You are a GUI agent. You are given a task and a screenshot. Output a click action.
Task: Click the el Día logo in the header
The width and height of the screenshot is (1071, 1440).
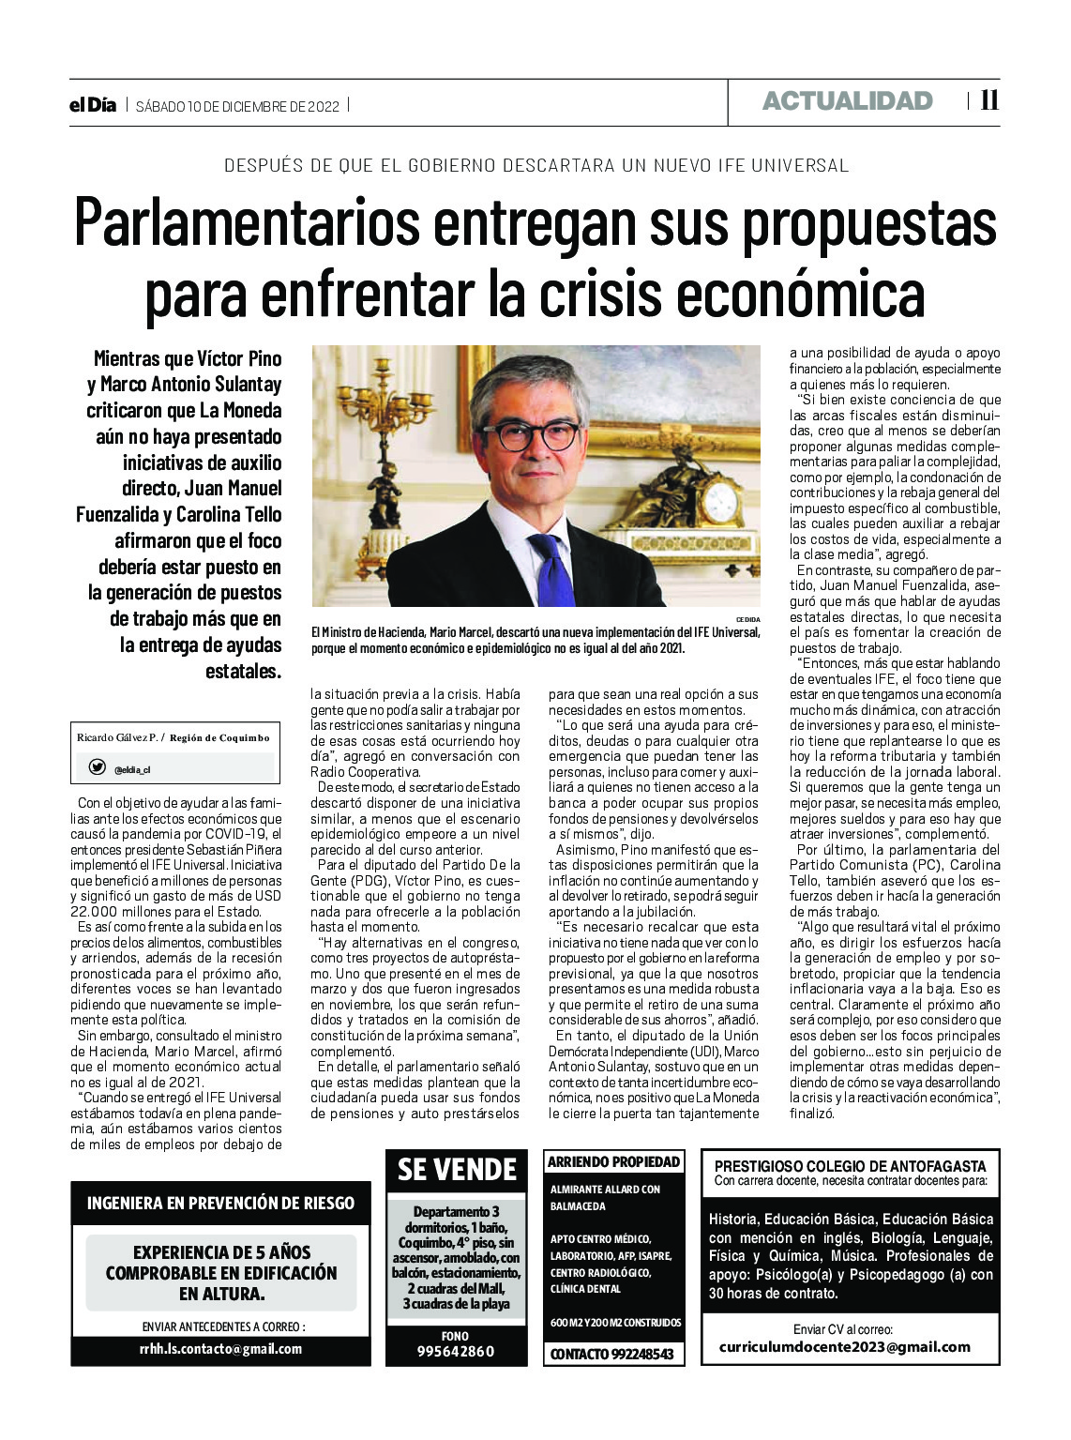coord(93,105)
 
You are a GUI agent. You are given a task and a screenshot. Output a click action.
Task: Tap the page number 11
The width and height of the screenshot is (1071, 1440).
coord(988,100)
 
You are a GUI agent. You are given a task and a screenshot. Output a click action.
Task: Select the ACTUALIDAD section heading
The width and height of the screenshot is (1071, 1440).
coord(847,101)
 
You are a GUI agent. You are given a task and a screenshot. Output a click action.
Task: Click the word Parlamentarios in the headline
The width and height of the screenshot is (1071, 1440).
coord(247,223)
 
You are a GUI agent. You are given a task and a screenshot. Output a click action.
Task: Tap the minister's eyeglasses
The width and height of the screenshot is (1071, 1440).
coord(530,435)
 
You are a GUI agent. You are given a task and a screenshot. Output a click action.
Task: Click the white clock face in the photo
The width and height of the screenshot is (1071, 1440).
coord(719,504)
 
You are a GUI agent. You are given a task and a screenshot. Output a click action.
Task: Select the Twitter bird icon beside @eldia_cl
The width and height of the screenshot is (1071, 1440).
coord(97,767)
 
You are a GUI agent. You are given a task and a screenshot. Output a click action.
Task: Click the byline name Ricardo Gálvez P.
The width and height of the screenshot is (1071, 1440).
coord(118,737)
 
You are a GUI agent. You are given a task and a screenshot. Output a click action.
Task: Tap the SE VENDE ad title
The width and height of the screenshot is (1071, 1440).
coord(457,1170)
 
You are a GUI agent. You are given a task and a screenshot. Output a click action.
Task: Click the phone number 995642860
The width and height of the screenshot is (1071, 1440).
coord(456,1351)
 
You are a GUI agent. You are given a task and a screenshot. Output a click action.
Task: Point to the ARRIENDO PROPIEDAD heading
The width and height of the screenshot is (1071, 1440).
coord(613,1161)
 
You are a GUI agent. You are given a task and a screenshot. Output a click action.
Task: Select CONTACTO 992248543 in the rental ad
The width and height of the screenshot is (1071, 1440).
coord(611,1354)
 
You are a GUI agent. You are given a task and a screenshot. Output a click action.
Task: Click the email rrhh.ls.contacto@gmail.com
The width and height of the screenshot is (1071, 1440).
coord(220,1349)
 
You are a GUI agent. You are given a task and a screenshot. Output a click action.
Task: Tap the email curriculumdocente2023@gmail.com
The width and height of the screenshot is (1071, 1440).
coord(844,1347)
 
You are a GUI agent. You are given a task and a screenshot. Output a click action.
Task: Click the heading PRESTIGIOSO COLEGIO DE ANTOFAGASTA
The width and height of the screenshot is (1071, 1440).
coord(851,1166)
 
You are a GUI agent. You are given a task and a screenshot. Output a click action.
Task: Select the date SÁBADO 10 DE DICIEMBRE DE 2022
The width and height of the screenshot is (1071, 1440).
coord(237,106)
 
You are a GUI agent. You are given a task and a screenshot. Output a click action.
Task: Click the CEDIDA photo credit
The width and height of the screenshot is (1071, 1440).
coord(747,619)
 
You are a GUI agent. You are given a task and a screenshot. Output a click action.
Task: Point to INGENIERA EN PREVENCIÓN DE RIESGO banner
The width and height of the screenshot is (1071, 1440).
coord(220,1203)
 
